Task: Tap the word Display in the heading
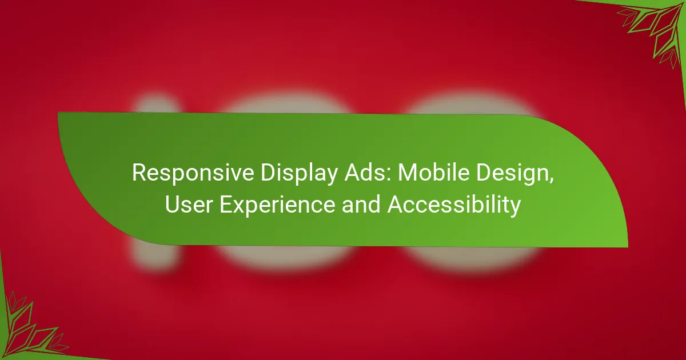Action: [299, 174]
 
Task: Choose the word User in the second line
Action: [189, 205]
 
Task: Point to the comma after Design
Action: [551, 180]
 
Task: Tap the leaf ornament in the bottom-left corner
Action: [31, 327]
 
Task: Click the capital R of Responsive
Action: [139, 173]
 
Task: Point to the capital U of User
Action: [173, 205]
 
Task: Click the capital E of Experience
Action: [226, 205]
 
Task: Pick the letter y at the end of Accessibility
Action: [515, 209]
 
